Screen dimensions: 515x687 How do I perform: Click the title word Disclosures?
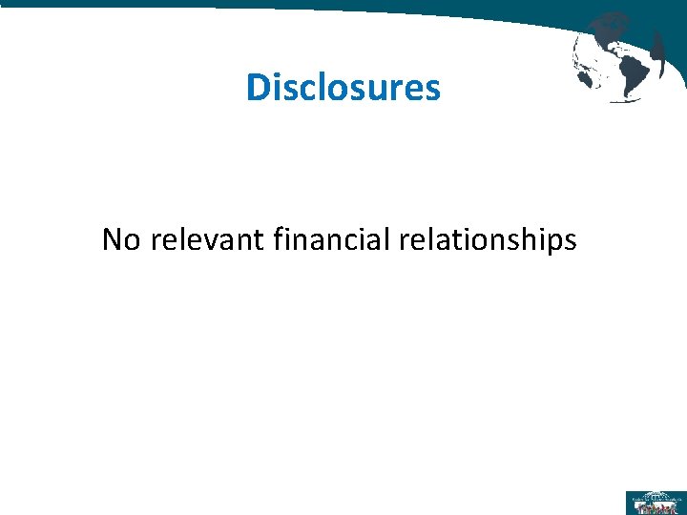[x=343, y=88]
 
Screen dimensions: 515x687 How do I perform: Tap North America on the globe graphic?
[x=608, y=33]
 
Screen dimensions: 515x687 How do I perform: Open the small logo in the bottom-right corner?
[x=655, y=502]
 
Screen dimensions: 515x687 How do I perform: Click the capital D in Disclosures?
[x=257, y=88]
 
